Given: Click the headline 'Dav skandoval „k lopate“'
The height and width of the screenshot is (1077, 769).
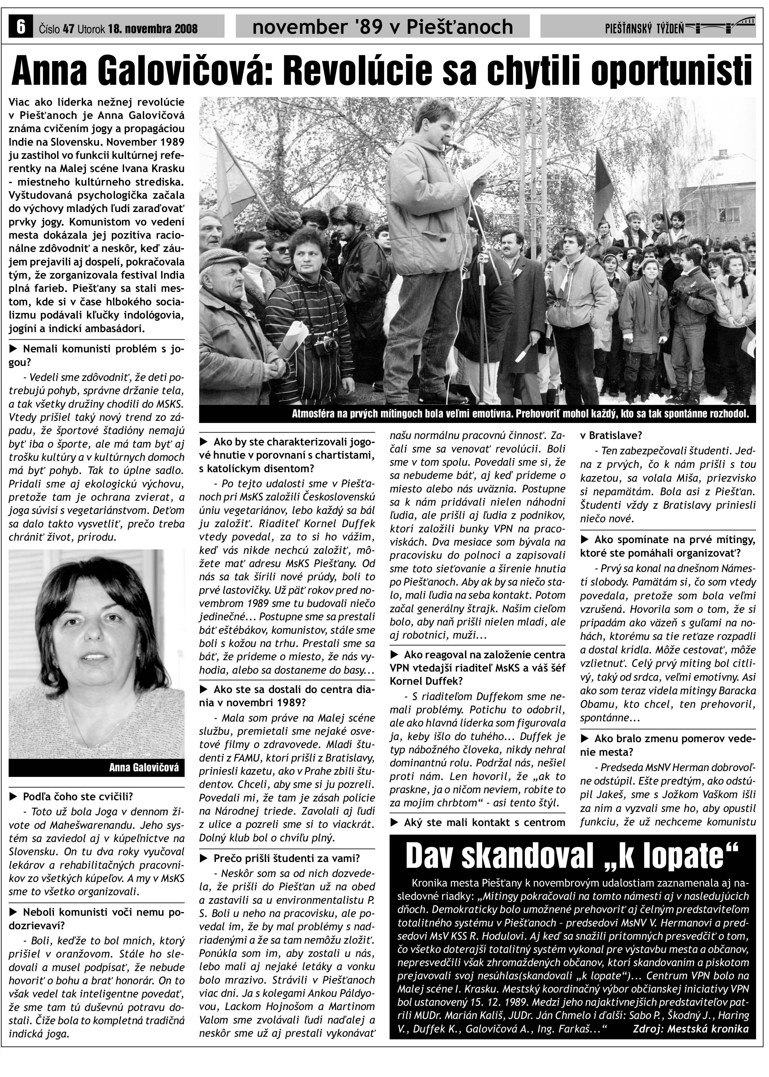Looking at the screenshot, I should click(572, 856).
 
